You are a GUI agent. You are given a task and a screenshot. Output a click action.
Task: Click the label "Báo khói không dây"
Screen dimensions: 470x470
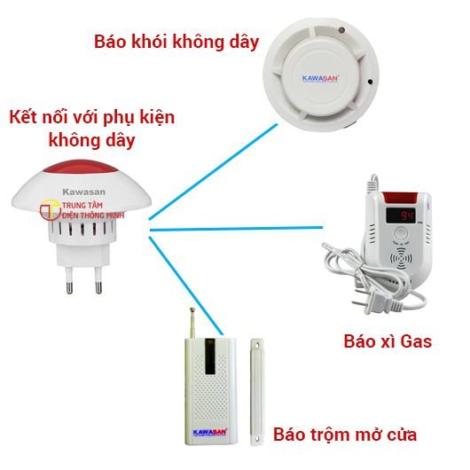point(176,43)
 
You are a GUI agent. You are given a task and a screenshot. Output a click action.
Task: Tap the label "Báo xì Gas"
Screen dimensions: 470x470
point(388,341)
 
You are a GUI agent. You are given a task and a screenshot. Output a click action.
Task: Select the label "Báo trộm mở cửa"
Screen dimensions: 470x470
point(345,435)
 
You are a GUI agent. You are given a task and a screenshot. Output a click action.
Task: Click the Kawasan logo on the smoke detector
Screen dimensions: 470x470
point(320,79)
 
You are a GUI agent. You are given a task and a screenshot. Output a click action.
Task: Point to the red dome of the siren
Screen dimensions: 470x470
point(81,167)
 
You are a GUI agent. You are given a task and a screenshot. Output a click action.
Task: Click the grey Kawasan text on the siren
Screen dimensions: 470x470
point(84,192)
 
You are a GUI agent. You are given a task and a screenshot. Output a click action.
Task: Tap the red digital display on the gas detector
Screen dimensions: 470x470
point(400,215)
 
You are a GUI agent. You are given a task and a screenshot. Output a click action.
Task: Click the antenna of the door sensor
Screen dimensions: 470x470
point(192,323)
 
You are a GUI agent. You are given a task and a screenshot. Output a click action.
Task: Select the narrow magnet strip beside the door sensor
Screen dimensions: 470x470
point(256,391)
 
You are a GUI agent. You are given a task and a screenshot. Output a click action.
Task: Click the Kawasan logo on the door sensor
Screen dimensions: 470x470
point(210,433)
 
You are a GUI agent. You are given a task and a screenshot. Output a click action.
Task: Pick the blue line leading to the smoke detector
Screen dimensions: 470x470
point(214,172)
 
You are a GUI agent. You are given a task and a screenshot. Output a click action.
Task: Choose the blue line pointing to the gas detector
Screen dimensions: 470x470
point(236,229)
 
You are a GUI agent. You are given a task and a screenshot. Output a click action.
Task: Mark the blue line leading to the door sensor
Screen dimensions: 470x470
point(186,286)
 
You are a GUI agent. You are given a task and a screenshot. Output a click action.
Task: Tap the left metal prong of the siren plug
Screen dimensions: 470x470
point(69,280)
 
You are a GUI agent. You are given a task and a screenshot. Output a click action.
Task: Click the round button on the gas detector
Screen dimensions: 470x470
point(401,233)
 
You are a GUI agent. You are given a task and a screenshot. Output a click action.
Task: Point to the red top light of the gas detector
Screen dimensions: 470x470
point(400,198)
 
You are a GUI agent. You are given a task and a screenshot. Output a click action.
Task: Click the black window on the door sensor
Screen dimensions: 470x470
point(210,356)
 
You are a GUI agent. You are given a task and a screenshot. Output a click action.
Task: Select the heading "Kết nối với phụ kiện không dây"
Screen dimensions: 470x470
point(91,129)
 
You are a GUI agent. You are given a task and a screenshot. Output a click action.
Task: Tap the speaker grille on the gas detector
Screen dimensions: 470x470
point(401,258)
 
